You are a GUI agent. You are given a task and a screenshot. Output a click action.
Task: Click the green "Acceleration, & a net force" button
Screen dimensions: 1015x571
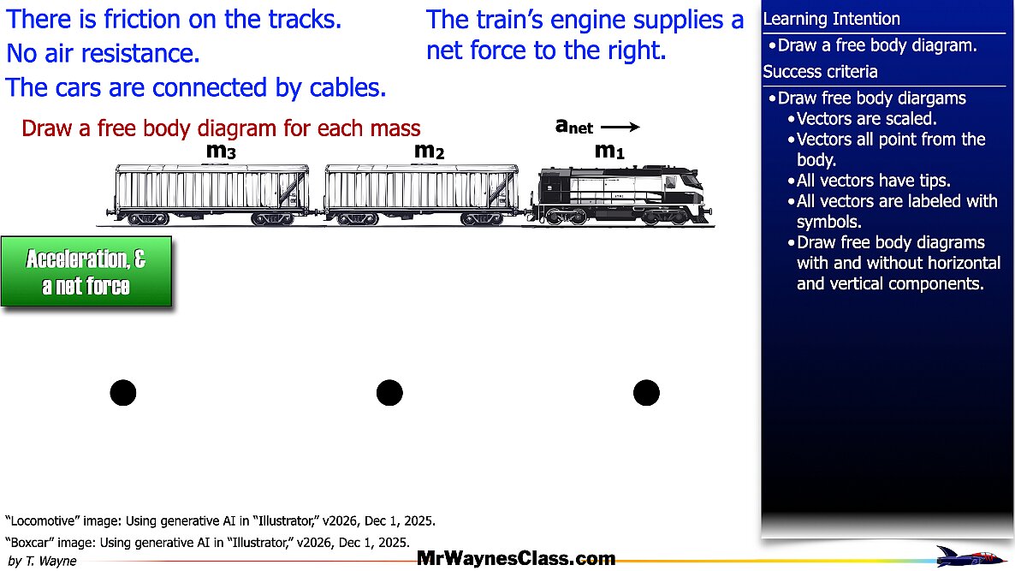[86, 271]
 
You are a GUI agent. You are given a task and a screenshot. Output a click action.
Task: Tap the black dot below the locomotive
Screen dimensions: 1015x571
[646, 393]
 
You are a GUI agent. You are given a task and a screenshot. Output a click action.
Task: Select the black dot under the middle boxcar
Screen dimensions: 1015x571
[389, 393]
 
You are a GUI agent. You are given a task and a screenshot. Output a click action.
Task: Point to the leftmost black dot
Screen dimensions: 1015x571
[123, 393]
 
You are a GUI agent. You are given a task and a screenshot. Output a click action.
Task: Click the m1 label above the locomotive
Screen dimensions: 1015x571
[609, 151]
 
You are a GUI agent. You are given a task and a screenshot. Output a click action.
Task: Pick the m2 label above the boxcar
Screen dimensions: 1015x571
[429, 151]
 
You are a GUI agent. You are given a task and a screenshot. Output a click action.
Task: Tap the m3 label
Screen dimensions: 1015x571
[221, 151]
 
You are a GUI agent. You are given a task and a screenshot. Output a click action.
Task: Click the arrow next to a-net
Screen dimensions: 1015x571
[620, 127]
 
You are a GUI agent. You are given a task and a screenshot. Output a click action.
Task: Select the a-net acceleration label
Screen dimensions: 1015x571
[574, 126]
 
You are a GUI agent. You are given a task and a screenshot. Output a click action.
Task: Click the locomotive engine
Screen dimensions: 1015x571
[621, 195]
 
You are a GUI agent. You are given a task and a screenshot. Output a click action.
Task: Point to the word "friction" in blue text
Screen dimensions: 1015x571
[142, 20]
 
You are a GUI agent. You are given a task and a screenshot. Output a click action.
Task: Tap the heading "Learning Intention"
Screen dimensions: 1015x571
[831, 19]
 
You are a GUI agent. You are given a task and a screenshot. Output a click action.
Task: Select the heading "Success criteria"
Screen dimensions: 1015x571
[820, 71]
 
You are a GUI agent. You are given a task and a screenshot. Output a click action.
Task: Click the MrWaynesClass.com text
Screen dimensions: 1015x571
[516, 558]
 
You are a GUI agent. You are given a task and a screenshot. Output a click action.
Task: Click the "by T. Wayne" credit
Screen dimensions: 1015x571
[42, 562]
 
